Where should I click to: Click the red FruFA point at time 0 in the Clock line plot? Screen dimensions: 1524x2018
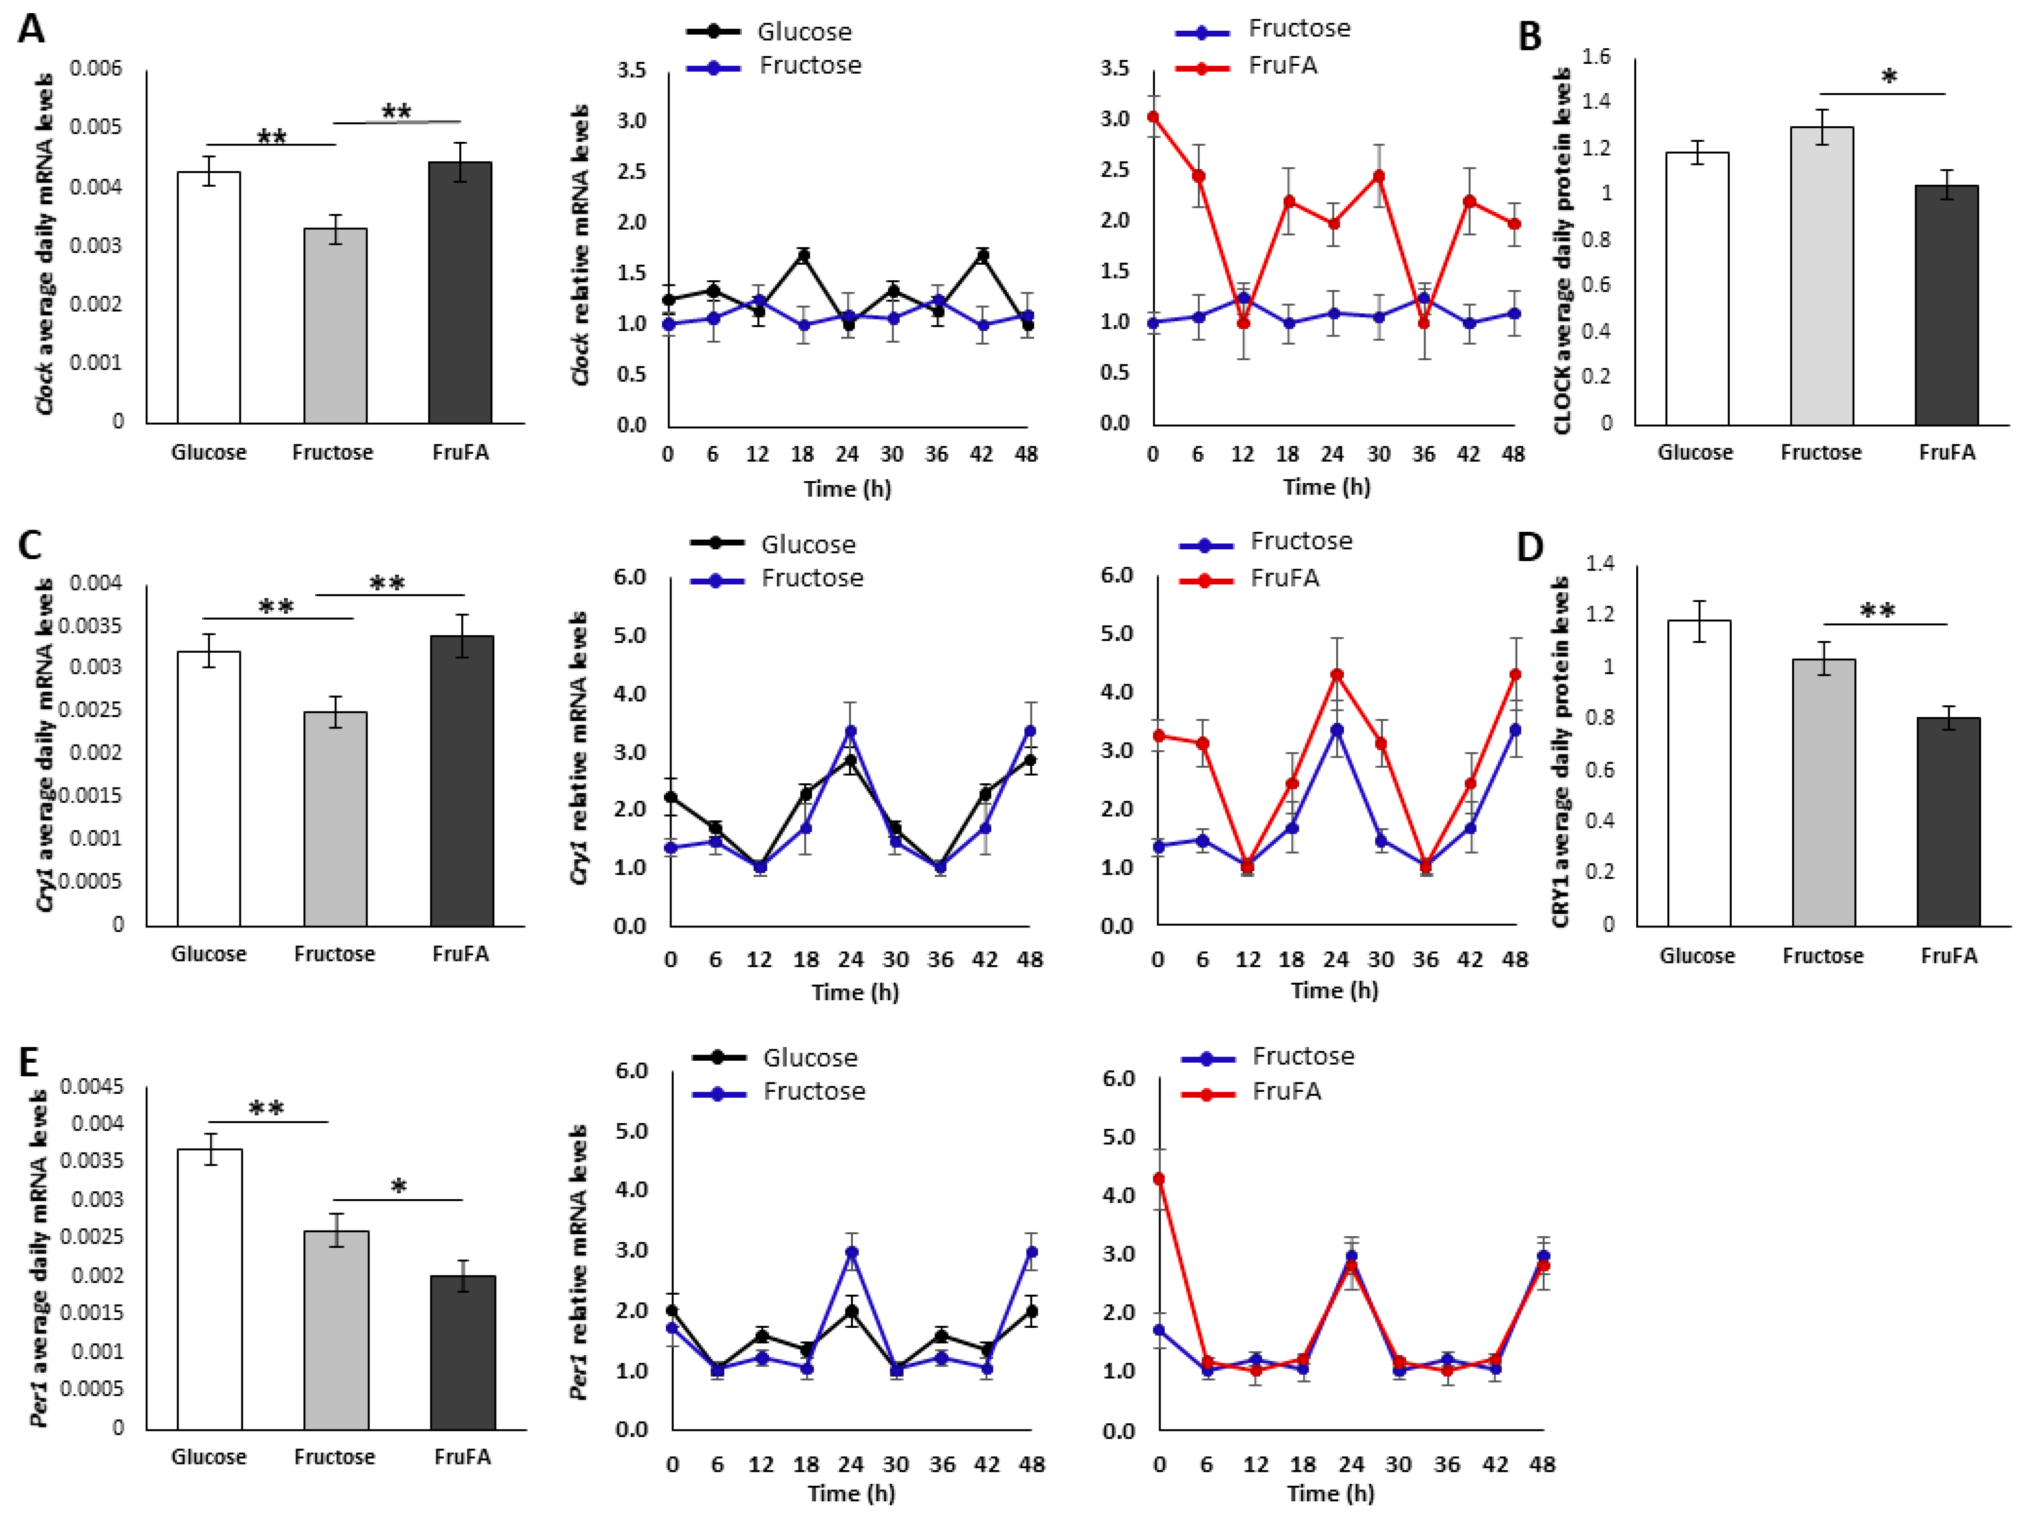1153,117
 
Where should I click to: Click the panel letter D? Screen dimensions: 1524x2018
1529,546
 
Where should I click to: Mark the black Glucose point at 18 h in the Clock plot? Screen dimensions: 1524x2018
803,256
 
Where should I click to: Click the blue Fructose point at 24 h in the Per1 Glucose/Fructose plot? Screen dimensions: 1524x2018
851,1252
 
